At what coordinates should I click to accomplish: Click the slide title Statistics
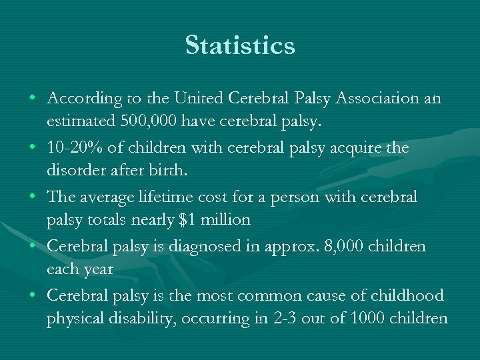[240, 46]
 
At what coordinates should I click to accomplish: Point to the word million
[229, 221]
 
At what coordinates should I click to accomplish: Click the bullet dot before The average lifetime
[33, 197]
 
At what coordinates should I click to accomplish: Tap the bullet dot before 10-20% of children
[33, 147]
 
